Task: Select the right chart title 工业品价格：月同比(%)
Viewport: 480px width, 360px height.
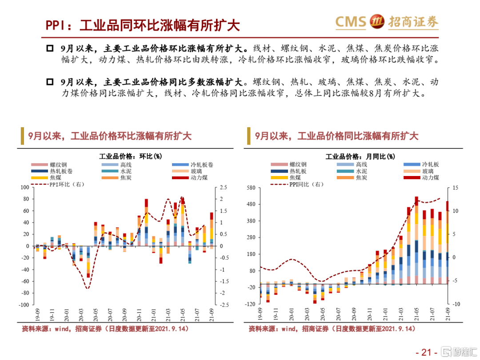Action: (360, 156)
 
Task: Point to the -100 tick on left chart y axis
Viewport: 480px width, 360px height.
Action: (23, 305)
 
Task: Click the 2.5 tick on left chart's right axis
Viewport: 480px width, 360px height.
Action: (223, 188)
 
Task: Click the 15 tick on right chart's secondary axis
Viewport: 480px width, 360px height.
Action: (456, 188)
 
